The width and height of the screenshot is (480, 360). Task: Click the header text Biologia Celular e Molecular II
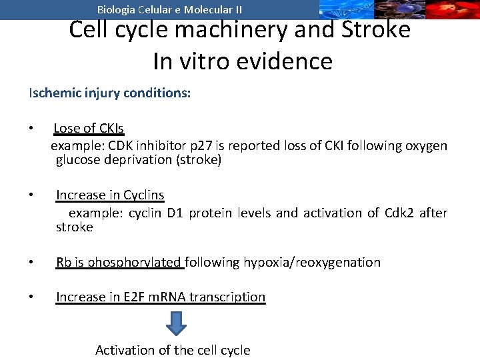point(169,9)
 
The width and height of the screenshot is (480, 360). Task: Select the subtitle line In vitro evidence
point(242,61)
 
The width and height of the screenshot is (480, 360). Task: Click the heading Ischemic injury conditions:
point(109,93)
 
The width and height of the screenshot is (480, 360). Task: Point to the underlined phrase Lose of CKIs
point(89,128)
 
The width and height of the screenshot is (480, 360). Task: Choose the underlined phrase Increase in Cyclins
point(110,195)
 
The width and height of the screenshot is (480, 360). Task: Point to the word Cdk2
point(399,213)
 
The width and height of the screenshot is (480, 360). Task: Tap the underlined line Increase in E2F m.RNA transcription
point(161,297)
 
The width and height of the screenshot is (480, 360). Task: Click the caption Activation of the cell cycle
point(173,350)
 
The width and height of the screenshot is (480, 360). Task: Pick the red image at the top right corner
point(453,9)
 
